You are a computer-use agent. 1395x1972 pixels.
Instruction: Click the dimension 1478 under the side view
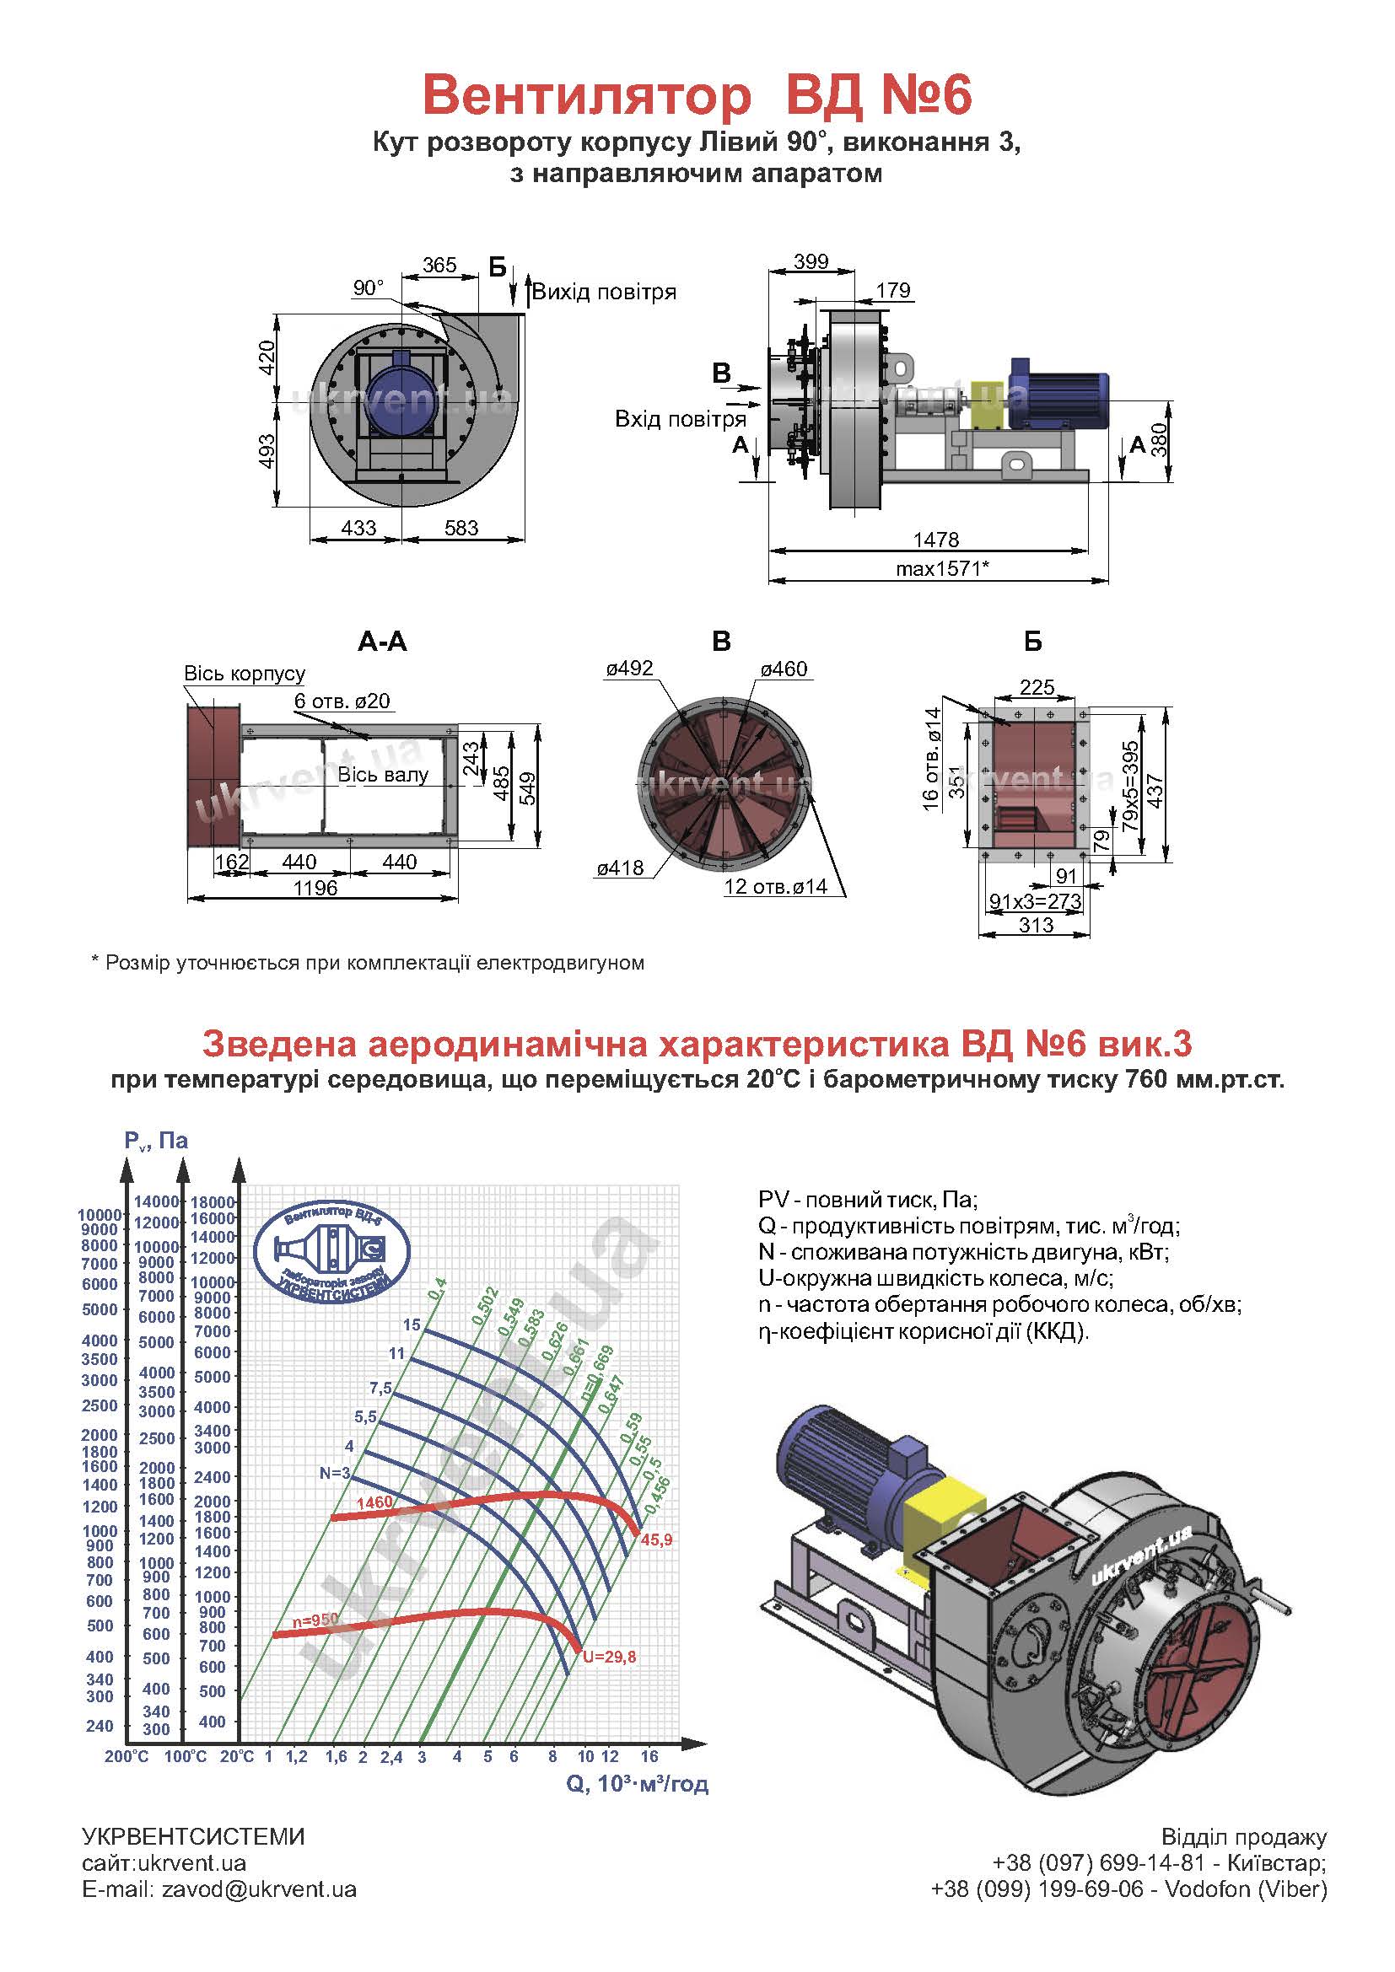pyautogui.click(x=935, y=540)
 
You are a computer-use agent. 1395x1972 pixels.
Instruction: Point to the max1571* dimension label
pyautogui.click(x=942, y=568)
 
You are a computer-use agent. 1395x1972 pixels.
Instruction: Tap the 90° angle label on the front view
pyautogui.click(x=369, y=287)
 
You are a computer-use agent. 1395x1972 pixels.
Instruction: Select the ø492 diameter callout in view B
pyautogui.click(x=629, y=669)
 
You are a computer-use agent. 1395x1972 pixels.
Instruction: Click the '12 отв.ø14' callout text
pyautogui.click(x=775, y=886)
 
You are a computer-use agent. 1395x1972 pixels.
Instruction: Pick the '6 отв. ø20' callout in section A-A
pyautogui.click(x=342, y=701)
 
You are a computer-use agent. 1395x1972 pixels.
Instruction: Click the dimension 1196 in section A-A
pyautogui.click(x=315, y=888)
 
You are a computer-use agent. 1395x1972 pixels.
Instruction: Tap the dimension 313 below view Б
pyautogui.click(x=1036, y=925)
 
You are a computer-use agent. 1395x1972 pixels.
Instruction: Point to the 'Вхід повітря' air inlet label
pyautogui.click(x=680, y=419)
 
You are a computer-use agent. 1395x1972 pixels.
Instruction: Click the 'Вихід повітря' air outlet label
pyautogui.click(x=604, y=292)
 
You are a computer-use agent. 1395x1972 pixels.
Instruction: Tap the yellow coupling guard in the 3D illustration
pyautogui.click(x=943, y=1508)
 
